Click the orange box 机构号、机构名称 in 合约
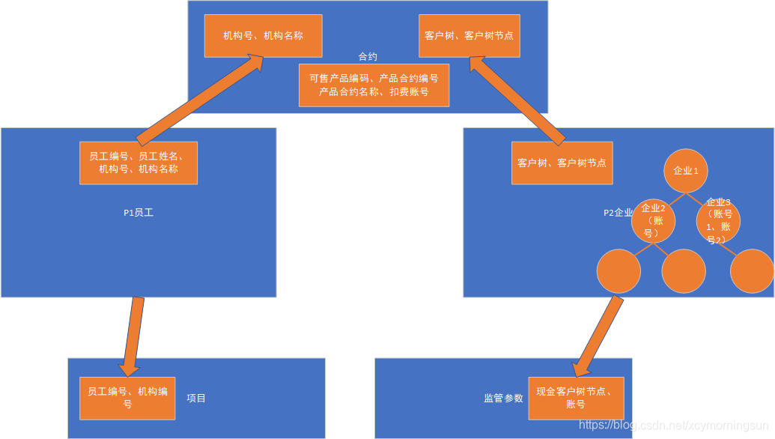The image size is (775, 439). pos(263,36)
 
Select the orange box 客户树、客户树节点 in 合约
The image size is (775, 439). pos(469,36)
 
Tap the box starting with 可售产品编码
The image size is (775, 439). pos(374,85)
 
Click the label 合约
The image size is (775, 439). pos(368,57)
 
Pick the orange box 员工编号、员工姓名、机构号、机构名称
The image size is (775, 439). pos(139,163)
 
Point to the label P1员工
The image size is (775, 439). pos(139,213)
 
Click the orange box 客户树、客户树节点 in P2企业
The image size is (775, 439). pos(562,163)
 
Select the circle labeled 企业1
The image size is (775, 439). pos(686,170)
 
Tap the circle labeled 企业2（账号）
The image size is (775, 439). pos(653,220)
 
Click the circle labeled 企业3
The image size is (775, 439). pos(718,220)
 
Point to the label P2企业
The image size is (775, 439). pos(618,213)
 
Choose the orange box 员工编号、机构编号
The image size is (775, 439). pos(127,398)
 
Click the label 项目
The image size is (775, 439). pos(196,399)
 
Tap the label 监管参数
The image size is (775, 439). pos(503,399)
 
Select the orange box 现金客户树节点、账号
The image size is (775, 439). pos(576,398)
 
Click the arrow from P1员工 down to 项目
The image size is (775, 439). pos(133,336)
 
